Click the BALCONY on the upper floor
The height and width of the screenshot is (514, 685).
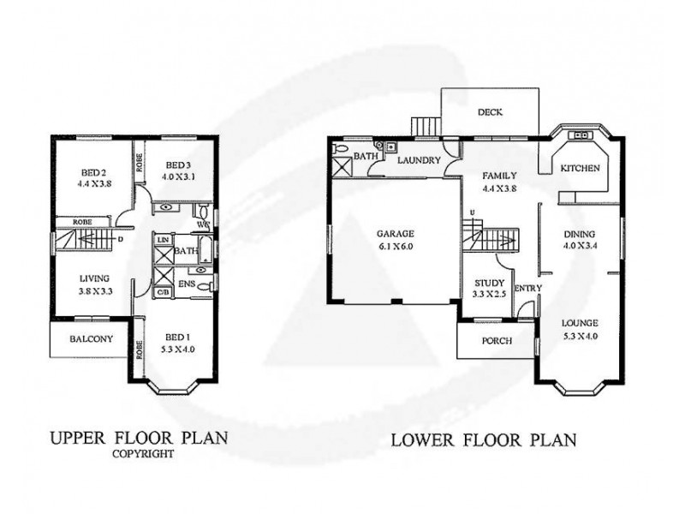89,339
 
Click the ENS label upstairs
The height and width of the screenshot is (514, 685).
184,283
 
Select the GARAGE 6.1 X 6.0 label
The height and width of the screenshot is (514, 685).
395,238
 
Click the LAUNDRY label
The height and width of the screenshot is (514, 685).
420,160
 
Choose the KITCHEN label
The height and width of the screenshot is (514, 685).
580,169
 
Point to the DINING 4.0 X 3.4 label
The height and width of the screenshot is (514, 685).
580,239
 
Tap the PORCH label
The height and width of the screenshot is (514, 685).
497,340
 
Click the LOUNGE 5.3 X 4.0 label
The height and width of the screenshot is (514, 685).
579,329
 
